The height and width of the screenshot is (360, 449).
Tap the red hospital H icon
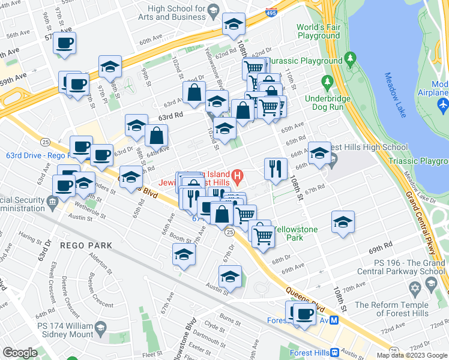(x=238, y=176)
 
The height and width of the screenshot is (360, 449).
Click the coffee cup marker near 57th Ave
(x=64, y=43)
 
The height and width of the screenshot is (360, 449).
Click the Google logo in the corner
(x=20, y=353)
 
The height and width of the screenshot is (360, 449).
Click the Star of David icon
(x=414, y=290)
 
